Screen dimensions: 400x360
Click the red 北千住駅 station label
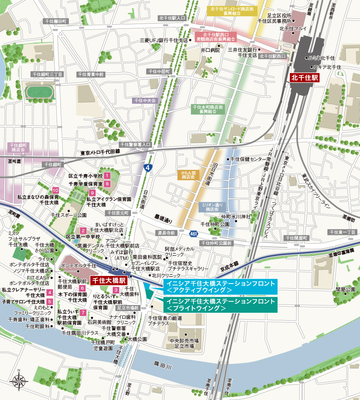[x=304, y=78]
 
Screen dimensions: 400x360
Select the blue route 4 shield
[x=147, y=168]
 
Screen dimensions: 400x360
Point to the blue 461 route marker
[x=193, y=233]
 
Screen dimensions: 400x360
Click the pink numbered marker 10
[x=55, y=190]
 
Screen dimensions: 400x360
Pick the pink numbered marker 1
[x=107, y=176]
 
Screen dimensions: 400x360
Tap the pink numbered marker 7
[x=83, y=312]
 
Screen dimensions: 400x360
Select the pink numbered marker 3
[x=116, y=290]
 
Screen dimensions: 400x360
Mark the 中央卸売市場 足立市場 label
[x=184, y=344]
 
